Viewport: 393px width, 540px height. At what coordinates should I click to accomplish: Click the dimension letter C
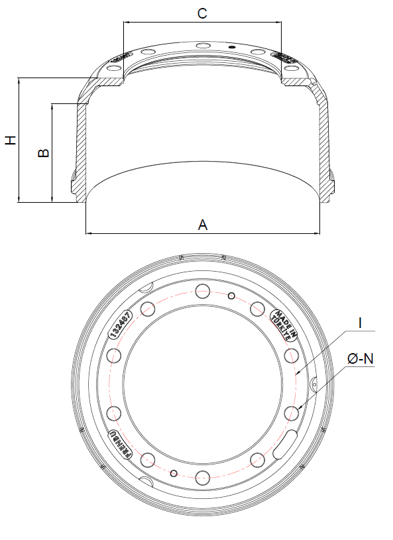[202, 12]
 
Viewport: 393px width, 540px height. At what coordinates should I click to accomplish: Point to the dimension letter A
[203, 225]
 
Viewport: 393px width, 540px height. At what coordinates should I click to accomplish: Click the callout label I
[359, 323]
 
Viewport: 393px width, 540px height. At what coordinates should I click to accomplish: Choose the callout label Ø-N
[361, 358]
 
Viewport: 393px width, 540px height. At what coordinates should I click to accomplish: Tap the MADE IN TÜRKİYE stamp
[284, 324]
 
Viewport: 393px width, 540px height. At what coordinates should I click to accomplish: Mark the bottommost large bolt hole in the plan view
[203, 476]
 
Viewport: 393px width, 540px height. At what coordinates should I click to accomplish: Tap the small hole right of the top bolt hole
[231, 296]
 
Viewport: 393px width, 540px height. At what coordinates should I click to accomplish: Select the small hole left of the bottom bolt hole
[174, 473]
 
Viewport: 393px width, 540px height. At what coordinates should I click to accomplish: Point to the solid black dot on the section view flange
[232, 47]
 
